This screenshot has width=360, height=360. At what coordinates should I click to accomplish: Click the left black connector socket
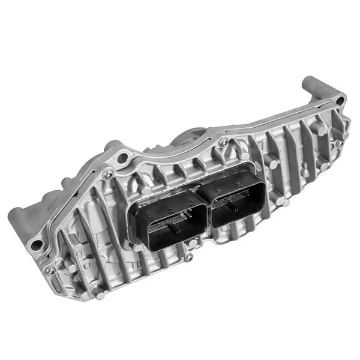[170, 221]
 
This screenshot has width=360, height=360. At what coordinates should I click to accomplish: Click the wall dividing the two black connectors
[203, 211]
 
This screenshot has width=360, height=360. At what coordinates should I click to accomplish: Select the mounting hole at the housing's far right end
[340, 100]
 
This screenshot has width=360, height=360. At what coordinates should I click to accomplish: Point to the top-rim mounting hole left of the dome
[124, 158]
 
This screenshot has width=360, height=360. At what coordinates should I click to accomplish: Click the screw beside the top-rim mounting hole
[109, 174]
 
